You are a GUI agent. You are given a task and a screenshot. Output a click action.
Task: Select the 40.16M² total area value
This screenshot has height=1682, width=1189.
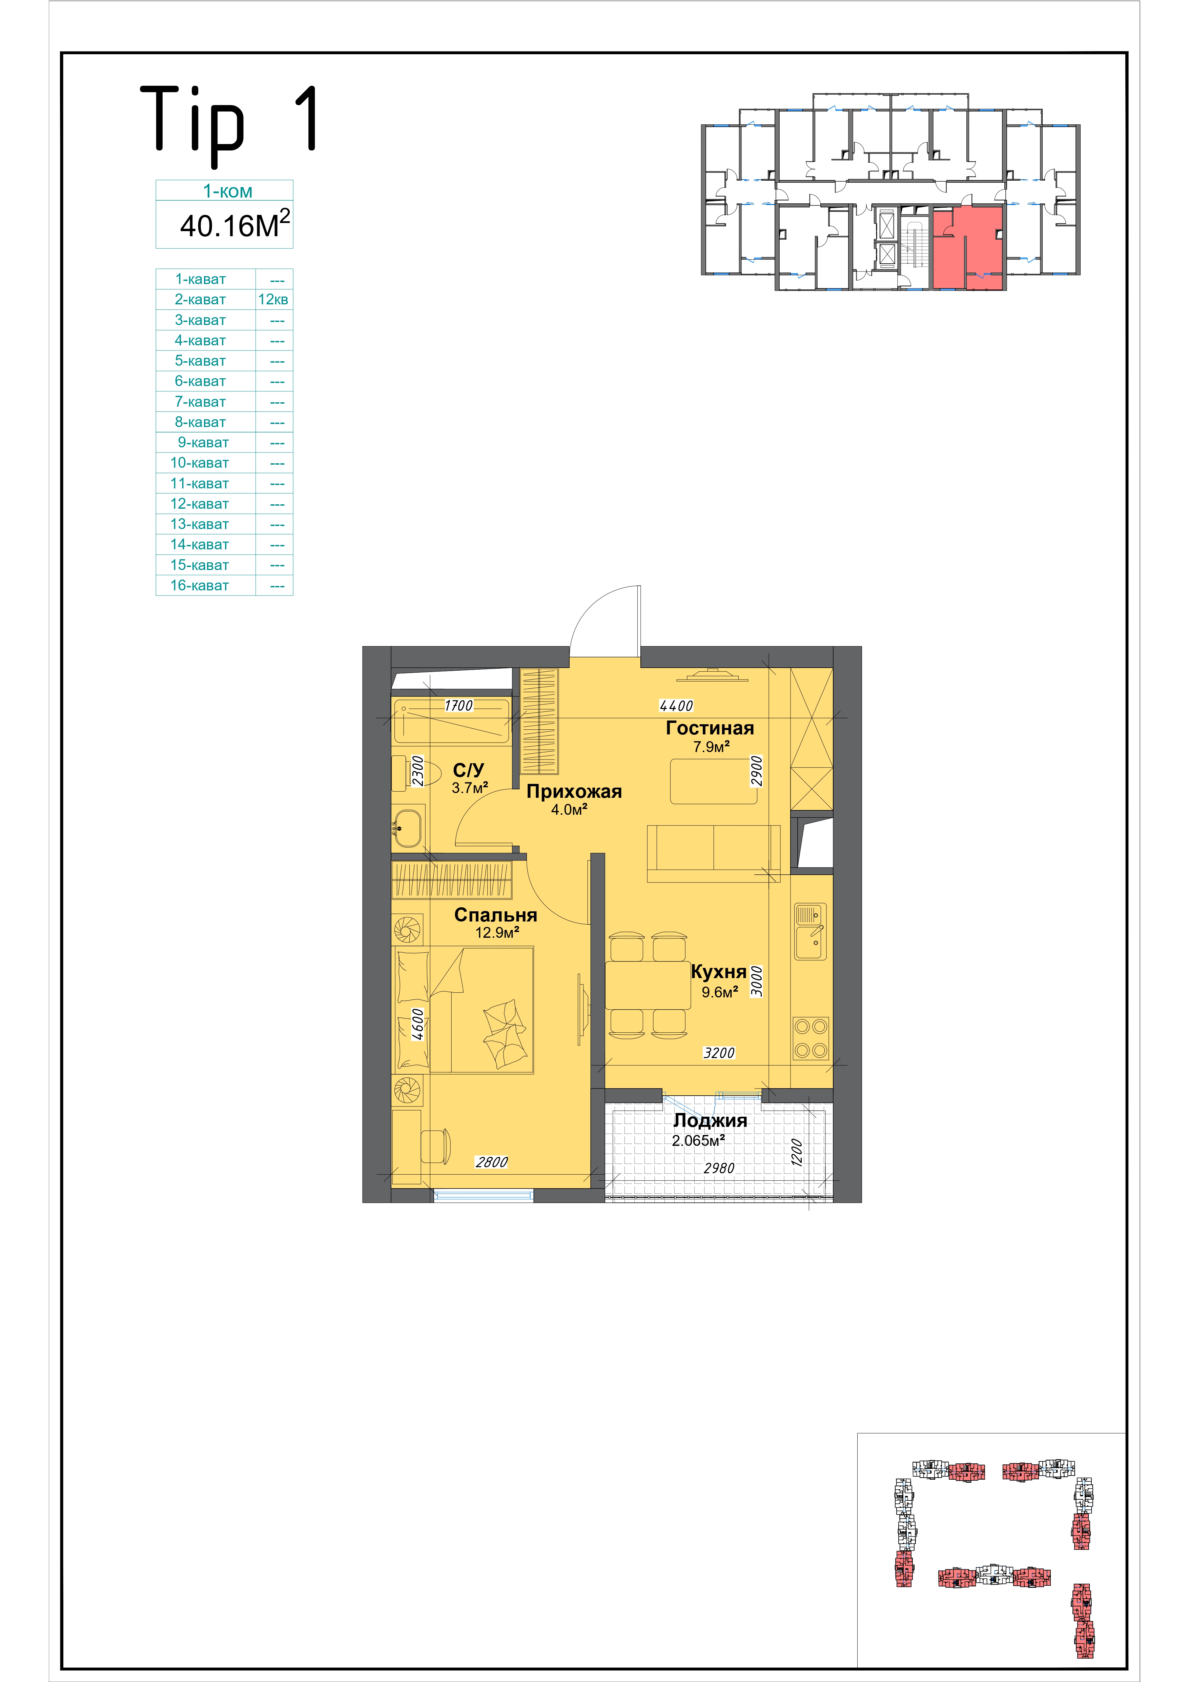coord(235,224)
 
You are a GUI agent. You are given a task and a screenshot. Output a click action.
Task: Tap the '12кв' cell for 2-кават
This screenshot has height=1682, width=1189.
coord(273,300)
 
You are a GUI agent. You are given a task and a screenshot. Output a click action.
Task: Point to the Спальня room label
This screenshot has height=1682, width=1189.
coord(496,915)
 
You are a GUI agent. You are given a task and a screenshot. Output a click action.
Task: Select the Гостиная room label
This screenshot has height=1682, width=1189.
coord(710,728)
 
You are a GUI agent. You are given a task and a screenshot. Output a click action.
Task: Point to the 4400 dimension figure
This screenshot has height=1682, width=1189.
coord(676,706)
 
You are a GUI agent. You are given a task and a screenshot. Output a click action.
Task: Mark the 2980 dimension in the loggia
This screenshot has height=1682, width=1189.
coord(719,1169)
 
